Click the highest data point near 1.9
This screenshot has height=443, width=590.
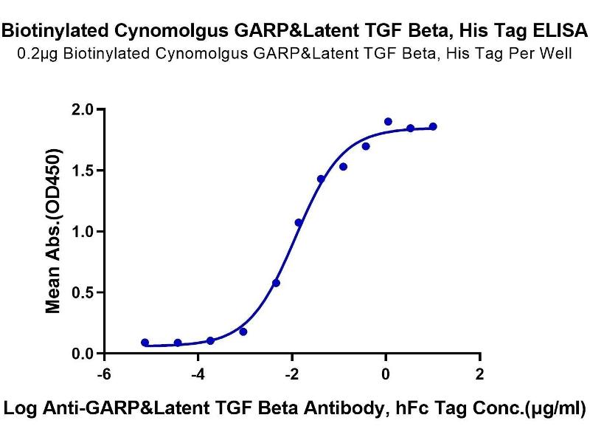coord(388,122)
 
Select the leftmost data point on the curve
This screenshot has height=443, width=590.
coord(145,343)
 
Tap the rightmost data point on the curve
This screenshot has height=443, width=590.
coord(433,127)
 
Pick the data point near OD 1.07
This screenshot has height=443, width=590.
coord(299,222)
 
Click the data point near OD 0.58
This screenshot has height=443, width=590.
coord(276,283)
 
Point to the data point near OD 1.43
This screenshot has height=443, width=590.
coord(321,179)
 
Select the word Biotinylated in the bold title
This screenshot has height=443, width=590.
coord(47,31)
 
